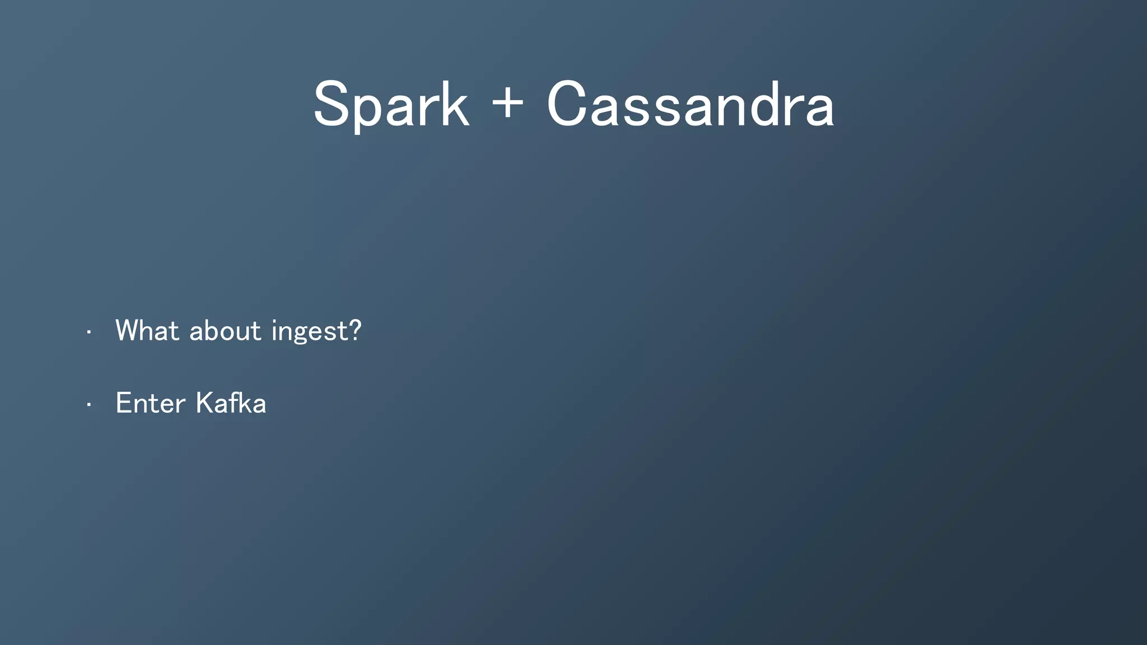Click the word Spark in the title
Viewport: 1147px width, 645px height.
point(390,105)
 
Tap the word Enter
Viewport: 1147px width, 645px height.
point(150,403)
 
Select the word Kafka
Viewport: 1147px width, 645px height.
point(231,403)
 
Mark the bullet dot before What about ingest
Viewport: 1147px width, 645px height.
point(88,333)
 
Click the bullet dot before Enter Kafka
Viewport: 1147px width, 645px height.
point(88,405)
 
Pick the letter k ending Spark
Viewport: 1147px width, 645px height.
point(454,104)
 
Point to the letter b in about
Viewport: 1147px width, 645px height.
point(213,330)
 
